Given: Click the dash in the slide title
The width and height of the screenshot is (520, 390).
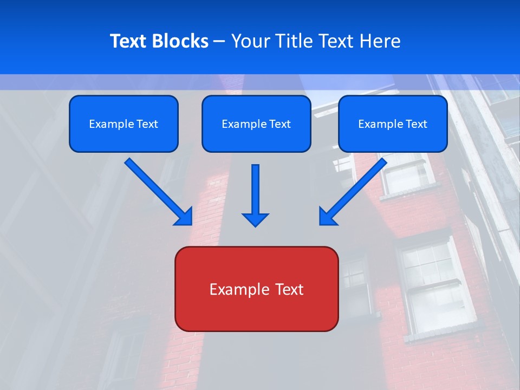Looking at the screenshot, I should (x=219, y=42).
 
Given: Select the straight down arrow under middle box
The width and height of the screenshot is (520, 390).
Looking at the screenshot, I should (x=255, y=190).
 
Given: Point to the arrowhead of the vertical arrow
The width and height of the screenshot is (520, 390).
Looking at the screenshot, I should (x=255, y=219).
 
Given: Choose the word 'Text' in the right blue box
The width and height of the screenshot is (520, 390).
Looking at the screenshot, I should (x=416, y=124).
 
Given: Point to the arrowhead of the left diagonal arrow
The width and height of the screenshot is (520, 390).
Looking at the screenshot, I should (x=184, y=217).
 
